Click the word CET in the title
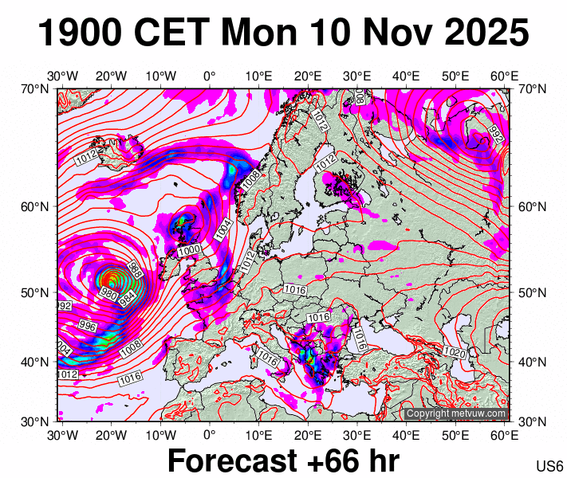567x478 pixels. [173, 33]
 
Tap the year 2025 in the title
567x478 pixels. [484, 33]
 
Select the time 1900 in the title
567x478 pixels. [80, 33]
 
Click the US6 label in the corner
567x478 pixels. [550, 466]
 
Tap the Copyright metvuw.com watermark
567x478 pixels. [455, 413]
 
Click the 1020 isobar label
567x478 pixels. [455, 352]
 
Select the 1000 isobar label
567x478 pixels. [189, 250]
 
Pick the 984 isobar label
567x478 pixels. [128, 299]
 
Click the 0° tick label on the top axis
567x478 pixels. [209, 76]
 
